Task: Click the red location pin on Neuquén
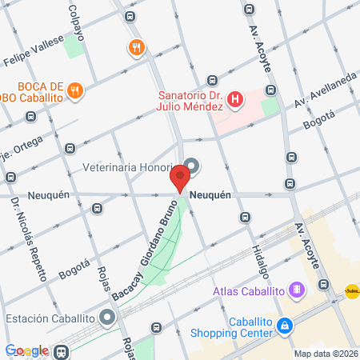pos(182,175)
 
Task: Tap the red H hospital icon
pos(235,100)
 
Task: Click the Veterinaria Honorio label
pos(128,168)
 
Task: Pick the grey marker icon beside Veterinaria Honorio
pos(193,166)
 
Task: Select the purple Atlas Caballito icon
pos(297,289)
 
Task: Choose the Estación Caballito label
pos(51,318)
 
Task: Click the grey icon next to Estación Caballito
pos(108,318)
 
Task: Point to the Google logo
pos(26,350)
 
